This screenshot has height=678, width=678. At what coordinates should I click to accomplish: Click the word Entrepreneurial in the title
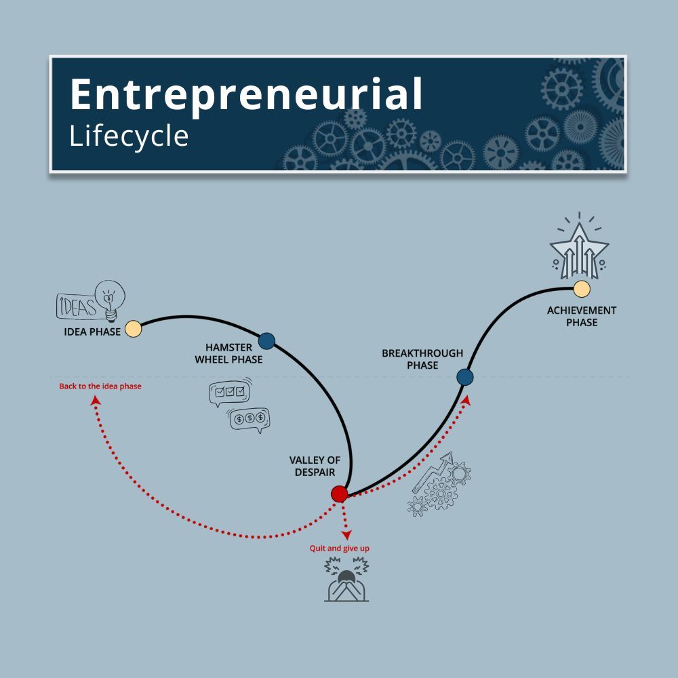click(x=246, y=95)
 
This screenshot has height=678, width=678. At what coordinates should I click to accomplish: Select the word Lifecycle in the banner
click(x=129, y=136)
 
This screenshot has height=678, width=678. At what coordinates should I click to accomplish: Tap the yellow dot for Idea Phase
click(x=134, y=330)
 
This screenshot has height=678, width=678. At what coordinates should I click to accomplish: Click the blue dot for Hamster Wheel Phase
click(x=266, y=340)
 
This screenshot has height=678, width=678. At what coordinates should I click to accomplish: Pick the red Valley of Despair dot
click(x=339, y=494)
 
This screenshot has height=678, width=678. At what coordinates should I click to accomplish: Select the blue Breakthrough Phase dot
click(x=464, y=377)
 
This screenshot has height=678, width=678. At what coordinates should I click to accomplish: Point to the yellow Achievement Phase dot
click(x=582, y=289)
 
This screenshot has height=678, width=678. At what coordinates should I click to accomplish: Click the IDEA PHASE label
click(x=92, y=332)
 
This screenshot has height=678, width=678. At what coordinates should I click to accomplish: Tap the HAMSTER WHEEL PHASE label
click(x=228, y=353)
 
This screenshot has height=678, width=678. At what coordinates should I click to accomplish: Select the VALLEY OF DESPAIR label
click(x=315, y=466)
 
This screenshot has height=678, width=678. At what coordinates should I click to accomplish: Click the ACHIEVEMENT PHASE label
click(x=582, y=317)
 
